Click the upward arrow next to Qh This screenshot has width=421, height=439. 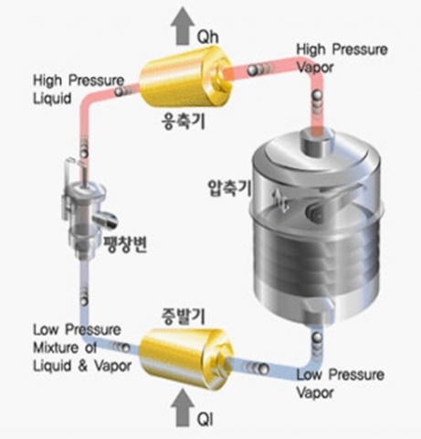coord(183,27)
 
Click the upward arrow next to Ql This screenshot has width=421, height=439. coord(183,408)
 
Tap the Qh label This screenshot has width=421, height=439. coord(207,37)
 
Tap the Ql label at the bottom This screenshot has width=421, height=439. coord(205,419)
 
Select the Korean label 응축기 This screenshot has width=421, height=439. coord(183,122)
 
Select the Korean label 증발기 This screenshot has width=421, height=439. coord(183,316)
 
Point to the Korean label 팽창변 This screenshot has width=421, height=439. coord(125,244)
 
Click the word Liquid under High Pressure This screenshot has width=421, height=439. coord(52,99)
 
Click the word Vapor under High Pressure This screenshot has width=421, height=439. coord(315,68)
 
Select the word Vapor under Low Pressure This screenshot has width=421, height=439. coord(315,392)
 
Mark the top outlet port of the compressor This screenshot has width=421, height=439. coord(317,142)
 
